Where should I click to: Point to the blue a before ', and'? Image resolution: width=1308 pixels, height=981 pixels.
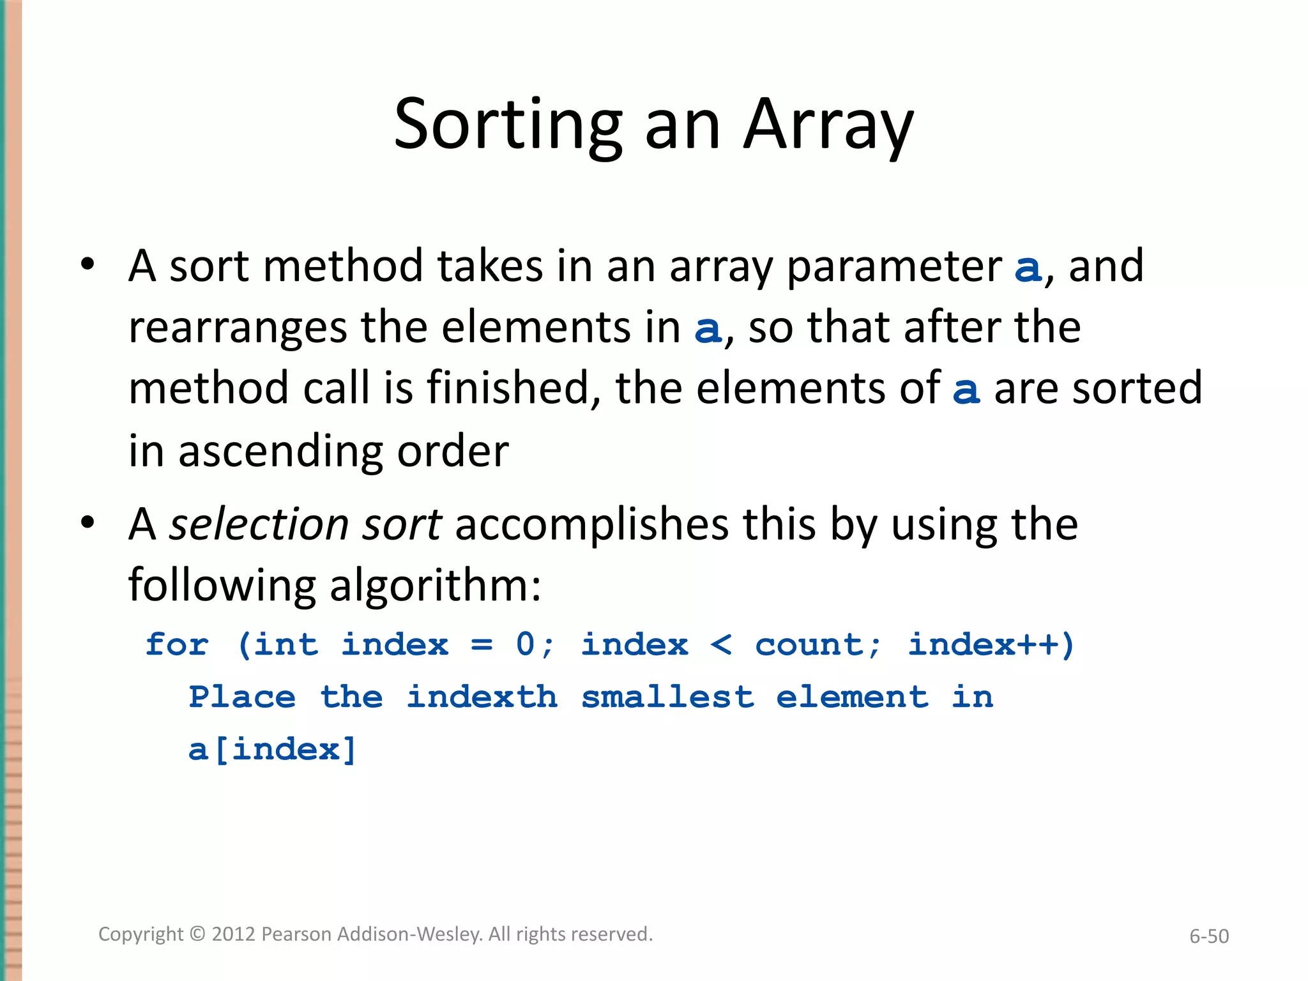pos(1028,268)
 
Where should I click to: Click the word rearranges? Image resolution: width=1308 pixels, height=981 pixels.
pos(238,328)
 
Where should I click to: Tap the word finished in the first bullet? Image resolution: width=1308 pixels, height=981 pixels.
pos(508,388)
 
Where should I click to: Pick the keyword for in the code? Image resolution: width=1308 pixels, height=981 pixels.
pos(177,644)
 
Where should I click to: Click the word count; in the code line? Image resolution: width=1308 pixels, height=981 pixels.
pos(817,644)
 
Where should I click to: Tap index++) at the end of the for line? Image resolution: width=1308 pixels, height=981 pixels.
pos(991,644)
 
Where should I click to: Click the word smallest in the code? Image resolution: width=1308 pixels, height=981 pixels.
pos(667,697)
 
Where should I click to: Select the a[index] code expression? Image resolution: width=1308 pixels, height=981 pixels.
pos(272,749)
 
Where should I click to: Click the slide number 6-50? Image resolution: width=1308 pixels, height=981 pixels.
pos(1208,936)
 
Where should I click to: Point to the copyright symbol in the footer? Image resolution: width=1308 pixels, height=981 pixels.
pos(198,934)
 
